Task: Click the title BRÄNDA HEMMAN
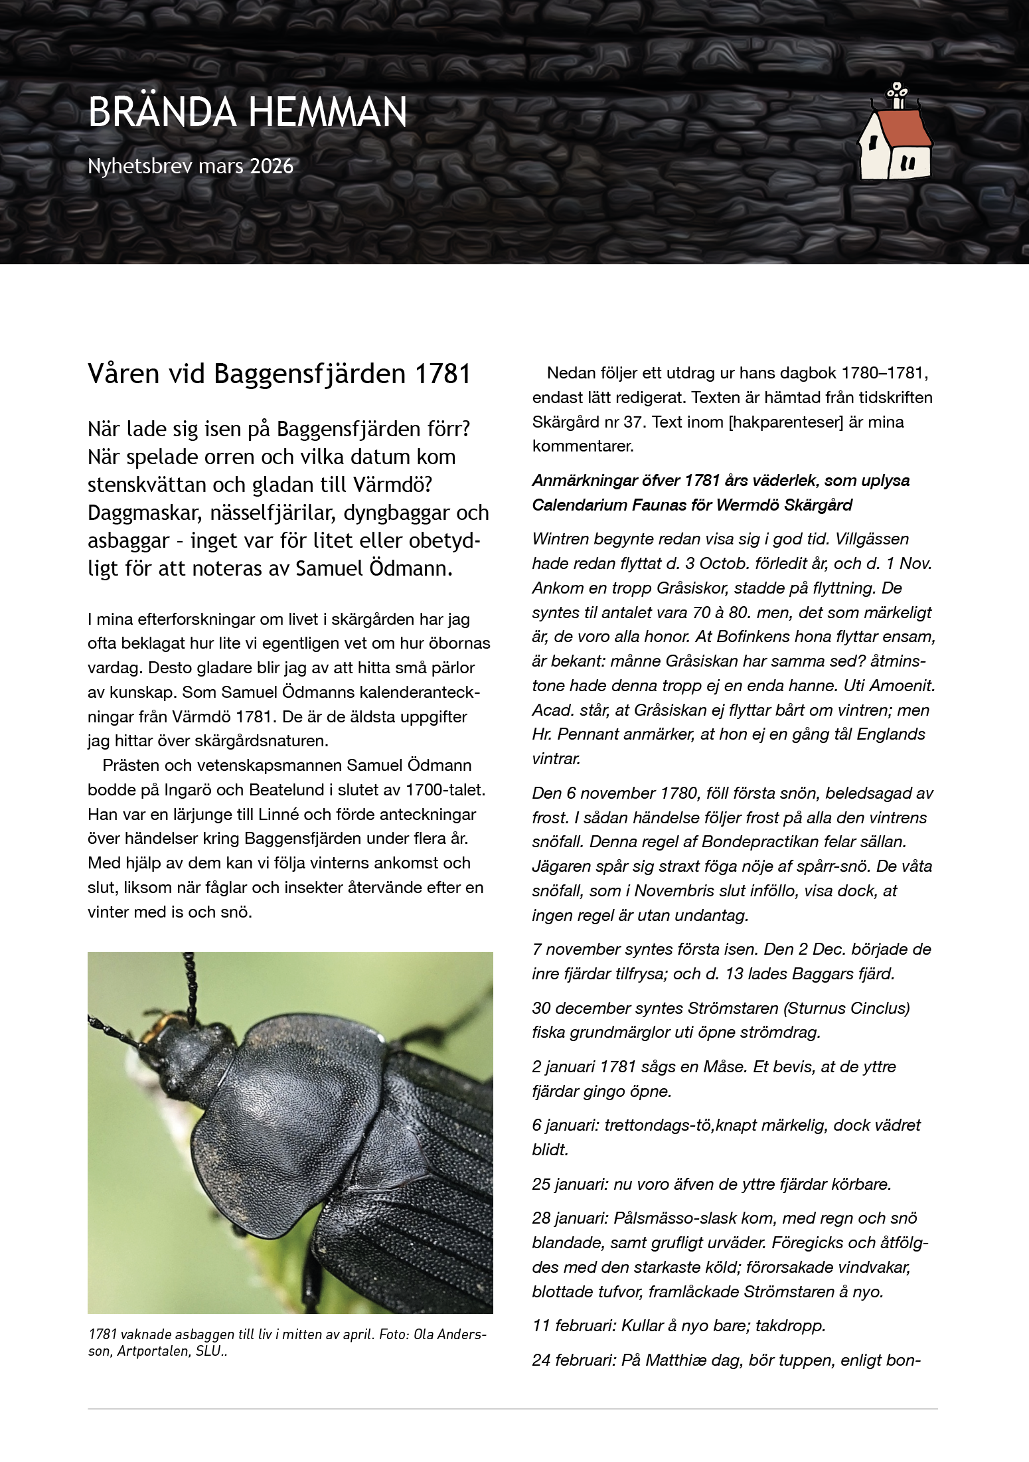(x=247, y=112)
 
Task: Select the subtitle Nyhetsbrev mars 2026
(x=191, y=166)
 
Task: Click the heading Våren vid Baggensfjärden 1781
(x=279, y=374)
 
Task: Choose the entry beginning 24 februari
(x=725, y=1360)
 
